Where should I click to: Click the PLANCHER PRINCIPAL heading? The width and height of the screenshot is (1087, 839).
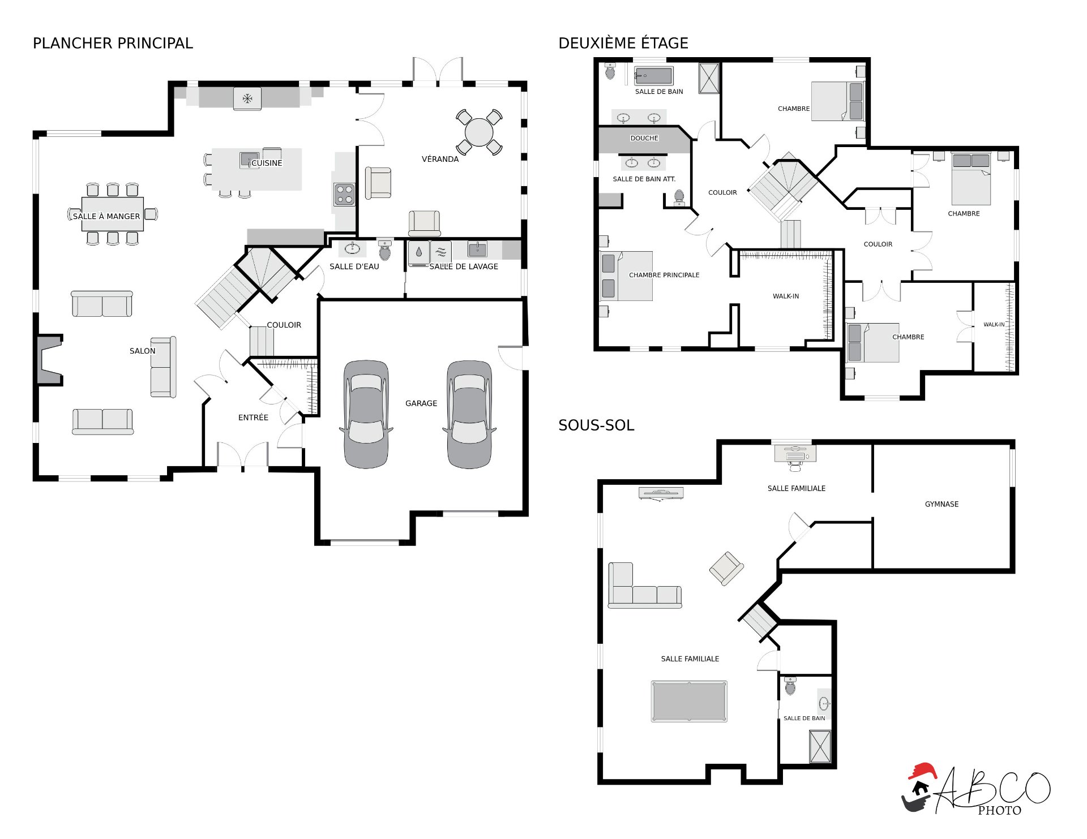tap(113, 43)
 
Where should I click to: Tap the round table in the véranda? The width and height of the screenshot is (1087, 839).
tap(479, 132)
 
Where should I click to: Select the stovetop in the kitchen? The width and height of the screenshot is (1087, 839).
tap(344, 194)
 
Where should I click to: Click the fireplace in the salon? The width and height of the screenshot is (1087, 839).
tap(49, 360)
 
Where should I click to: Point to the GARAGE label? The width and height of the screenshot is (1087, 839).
tap(421, 403)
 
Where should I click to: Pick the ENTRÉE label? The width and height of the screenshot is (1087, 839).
tap(253, 418)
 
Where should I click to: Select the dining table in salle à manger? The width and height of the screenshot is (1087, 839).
tap(112, 214)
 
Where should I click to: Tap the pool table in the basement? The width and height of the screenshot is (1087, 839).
tap(689, 702)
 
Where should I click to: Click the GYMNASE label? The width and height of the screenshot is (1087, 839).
tap(942, 504)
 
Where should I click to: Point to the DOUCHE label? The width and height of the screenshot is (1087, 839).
tap(644, 138)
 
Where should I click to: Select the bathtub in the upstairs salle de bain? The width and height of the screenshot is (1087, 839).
tap(654, 76)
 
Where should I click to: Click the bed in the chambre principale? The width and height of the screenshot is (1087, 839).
tap(626, 276)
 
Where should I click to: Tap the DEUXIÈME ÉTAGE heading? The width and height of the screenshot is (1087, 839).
tap(623, 43)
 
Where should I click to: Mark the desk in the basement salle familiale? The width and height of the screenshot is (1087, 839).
tap(795, 454)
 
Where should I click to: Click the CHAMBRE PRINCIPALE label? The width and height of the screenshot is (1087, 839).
tap(664, 275)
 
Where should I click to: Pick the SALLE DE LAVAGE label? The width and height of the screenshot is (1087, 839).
tap(464, 266)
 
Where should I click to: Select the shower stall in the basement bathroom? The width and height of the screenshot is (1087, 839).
tap(820, 747)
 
